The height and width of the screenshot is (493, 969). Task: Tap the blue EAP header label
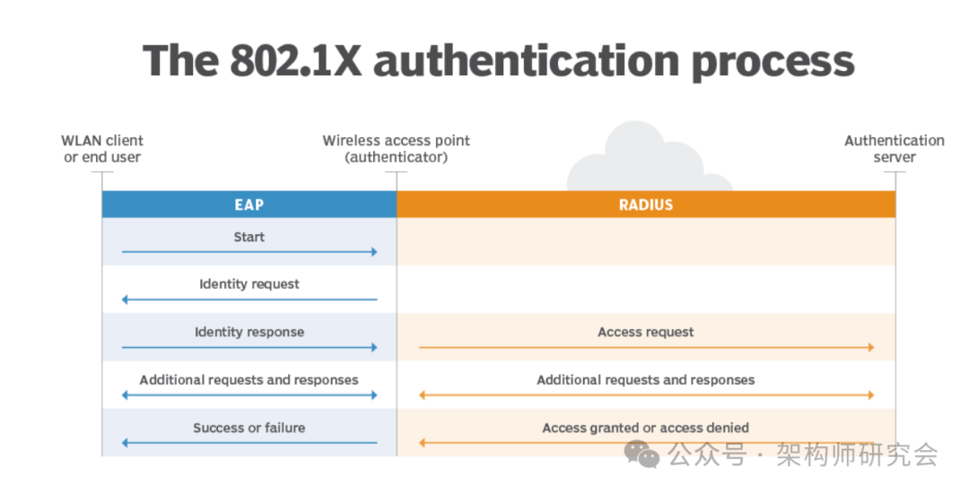[x=249, y=204]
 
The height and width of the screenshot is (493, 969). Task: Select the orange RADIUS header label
[x=645, y=204]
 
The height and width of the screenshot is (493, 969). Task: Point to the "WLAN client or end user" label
[x=102, y=149]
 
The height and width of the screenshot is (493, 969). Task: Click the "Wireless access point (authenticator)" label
[x=396, y=149]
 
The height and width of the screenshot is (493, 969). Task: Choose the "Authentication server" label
[x=894, y=149]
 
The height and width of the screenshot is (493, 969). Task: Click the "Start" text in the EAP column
[x=249, y=237]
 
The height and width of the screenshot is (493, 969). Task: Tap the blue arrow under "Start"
[x=249, y=253]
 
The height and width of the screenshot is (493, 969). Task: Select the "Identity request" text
[x=249, y=284]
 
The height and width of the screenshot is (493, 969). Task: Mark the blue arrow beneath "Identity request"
[x=249, y=299]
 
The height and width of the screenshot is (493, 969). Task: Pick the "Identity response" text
[x=249, y=332]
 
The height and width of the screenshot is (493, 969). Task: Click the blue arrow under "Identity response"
[x=249, y=347]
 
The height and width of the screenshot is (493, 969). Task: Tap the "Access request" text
[x=645, y=332]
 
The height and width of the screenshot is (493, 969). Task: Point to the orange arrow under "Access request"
[x=646, y=347]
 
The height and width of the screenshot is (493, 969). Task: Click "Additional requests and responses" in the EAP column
[x=249, y=379]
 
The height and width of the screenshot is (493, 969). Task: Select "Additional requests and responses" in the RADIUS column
[x=645, y=379]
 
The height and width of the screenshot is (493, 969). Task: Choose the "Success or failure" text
[x=249, y=428]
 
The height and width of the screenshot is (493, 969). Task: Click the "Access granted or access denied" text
[x=645, y=428]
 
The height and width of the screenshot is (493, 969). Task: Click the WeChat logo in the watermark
[x=642, y=454]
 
